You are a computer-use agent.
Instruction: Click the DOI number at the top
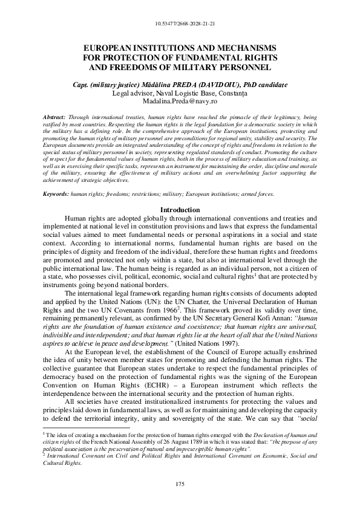pyautogui.click(x=180, y=25)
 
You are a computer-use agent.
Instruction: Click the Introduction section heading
pyautogui.click(x=179, y=209)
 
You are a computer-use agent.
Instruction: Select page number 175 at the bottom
pyautogui.click(x=179, y=485)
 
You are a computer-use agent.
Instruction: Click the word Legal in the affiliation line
pyautogui.click(x=123, y=93)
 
